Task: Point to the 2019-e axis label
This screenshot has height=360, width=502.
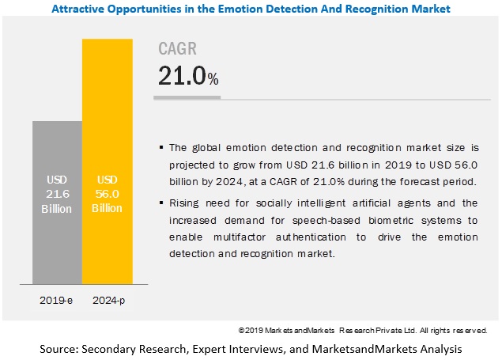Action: [x=57, y=301]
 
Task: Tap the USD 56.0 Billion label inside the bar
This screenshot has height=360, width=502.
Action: [x=107, y=195]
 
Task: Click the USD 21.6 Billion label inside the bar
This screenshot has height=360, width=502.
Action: [x=57, y=195]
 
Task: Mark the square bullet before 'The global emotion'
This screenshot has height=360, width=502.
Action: [x=162, y=147]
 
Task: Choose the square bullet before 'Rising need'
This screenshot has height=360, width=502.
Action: [x=162, y=204]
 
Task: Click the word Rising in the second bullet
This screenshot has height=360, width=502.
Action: [x=184, y=203]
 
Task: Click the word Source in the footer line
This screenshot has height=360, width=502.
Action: [x=59, y=348]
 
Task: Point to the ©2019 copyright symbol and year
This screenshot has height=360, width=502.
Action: [x=252, y=330]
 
